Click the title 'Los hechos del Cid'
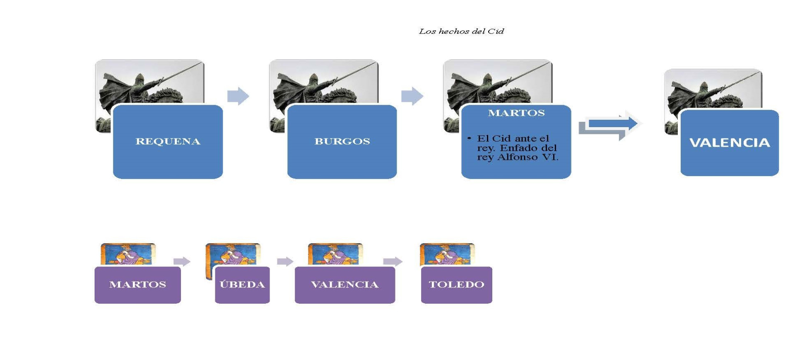461,31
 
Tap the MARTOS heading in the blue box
516,113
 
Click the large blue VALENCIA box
730,143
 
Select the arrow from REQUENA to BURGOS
238,96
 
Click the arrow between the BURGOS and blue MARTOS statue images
412,96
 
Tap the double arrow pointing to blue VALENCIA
609,126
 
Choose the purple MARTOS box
137,285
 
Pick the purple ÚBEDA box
242,285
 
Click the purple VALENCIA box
344,285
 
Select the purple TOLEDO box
456,285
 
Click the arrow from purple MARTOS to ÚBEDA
182,261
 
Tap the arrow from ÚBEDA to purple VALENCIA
285,261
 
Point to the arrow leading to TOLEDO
393,261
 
